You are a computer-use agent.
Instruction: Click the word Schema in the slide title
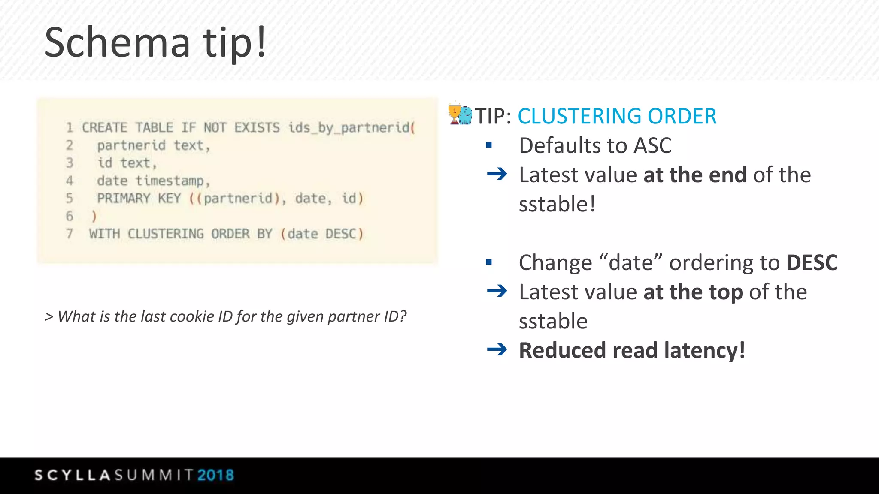click(117, 42)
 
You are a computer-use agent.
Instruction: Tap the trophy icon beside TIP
click(455, 114)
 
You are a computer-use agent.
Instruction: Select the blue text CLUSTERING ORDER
click(617, 116)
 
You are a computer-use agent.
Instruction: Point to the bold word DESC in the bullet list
click(812, 262)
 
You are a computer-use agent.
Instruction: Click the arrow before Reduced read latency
click(497, 350)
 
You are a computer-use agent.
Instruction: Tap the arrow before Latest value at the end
click(497, 174)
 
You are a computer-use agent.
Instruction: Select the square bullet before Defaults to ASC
click(488, 145)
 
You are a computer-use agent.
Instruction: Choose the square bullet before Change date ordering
click(488, 262)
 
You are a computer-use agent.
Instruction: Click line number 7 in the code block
click(70, 234)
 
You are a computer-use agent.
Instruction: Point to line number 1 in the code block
click(70, 127)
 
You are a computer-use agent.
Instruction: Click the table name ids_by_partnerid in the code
click(349, 127)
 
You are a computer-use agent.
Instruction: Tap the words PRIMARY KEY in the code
click(139, 198)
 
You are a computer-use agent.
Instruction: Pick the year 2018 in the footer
click(215, 475)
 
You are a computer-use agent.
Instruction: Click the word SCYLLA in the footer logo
click(73, 475)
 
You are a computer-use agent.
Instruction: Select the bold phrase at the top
click(693, 292)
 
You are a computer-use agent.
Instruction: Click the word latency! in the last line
click(704, 350)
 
